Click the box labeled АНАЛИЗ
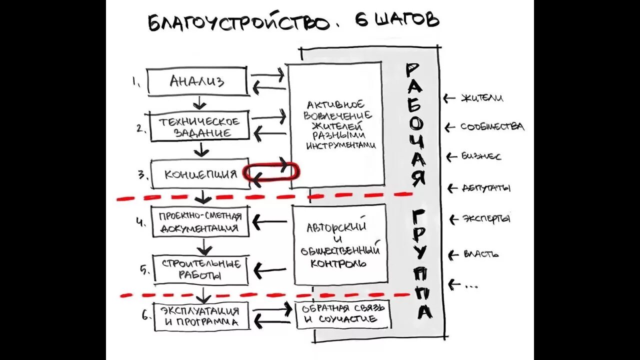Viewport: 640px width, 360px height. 197,81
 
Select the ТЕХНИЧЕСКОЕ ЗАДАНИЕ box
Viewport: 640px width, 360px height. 199,127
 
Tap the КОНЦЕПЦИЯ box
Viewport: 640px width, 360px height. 200,174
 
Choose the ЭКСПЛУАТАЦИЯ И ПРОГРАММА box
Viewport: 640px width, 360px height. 200,316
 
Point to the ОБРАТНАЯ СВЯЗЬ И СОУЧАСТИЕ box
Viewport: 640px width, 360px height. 342,313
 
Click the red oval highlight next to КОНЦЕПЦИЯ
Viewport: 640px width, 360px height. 271,172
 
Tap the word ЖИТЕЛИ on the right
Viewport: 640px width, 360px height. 482,98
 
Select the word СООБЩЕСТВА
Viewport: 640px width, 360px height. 492,127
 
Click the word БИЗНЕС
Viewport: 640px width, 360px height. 481,156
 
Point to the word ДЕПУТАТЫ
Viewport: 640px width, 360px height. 485,188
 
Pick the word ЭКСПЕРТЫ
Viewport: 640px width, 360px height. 486,219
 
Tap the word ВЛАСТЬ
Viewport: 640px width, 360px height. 481,254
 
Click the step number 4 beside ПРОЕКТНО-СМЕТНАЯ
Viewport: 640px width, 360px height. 140,221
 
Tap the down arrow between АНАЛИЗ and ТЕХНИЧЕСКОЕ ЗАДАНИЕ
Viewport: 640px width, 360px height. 199,103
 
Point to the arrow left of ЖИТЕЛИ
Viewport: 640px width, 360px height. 449,98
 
